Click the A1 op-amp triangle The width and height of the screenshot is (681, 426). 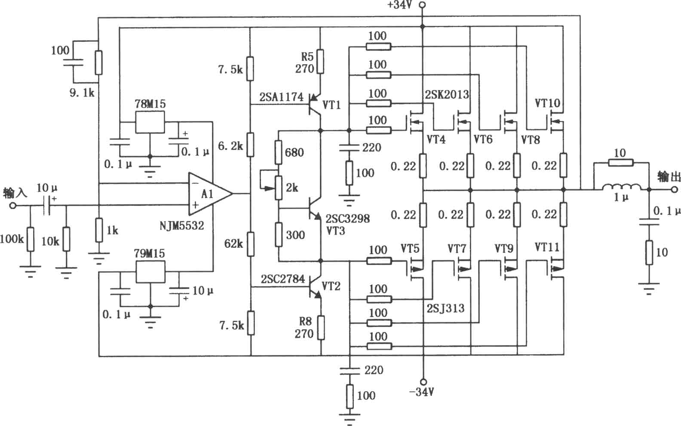tap(210, 194)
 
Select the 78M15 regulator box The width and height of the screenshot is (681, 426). tap(150, 122)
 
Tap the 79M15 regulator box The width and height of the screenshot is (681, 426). tap(150, 272)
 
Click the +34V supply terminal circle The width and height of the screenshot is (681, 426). tap(422, 5)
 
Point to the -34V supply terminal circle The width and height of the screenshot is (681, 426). tap(423, 382)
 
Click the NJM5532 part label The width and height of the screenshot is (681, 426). tap(181, 226)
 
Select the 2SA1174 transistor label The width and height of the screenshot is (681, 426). tap(281, 97)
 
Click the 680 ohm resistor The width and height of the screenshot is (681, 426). tap(278, 152)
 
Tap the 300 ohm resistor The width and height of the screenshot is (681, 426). tap(279, 234)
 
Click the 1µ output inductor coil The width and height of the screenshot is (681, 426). tap(622, 187)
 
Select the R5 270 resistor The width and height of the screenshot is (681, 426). tap(320, 62)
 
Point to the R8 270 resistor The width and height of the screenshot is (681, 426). tap(321, 328)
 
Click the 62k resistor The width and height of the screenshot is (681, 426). tap(251, 244)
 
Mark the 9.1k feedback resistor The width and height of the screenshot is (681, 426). tap(98, 63)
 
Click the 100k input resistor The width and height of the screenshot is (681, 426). tap(30, 239)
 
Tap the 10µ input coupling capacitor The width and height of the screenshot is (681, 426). tap(46, 205)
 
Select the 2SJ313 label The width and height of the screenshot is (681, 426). tap(446, 309)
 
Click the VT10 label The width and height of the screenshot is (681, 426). tap(547, 103)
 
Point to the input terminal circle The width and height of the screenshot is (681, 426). tap(13, 206)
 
